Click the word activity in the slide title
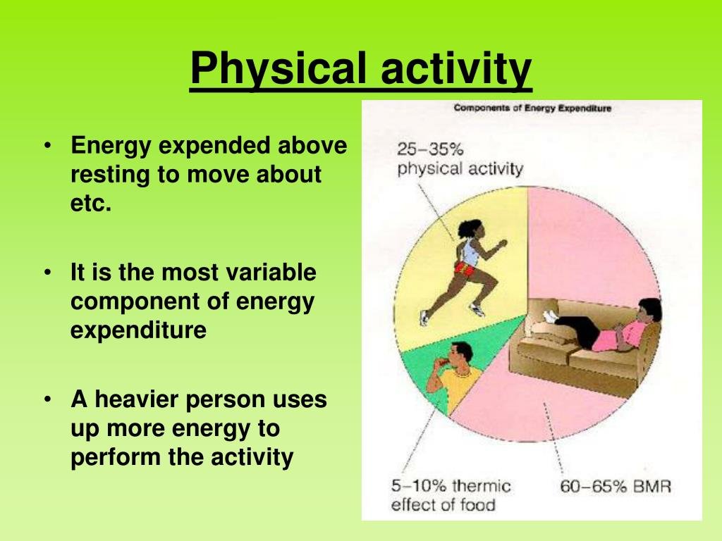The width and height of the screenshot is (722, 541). [456, 68]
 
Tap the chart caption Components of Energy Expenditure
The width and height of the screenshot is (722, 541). [532, 108]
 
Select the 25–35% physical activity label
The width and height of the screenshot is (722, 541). [460, 159]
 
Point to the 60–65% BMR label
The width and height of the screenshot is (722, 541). [616, 486]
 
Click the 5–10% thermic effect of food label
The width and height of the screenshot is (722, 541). [451, 495]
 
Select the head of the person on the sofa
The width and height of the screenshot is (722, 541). [649, 311]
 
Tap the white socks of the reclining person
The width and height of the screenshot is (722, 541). [551, 316]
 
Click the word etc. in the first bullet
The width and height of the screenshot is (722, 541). [91, 203]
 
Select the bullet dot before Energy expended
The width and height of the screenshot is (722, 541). [47, 145]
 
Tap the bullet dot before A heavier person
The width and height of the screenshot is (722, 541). [47, 399]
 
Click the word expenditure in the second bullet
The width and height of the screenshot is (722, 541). [139, 331]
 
